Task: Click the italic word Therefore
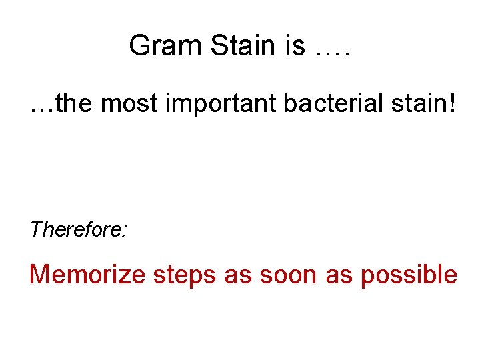pyautogui.click(x=77, y=230)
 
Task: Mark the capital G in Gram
pyautogui.click(x=139, y=46)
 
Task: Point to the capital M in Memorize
pyautogui.click(x=40, y=275)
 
